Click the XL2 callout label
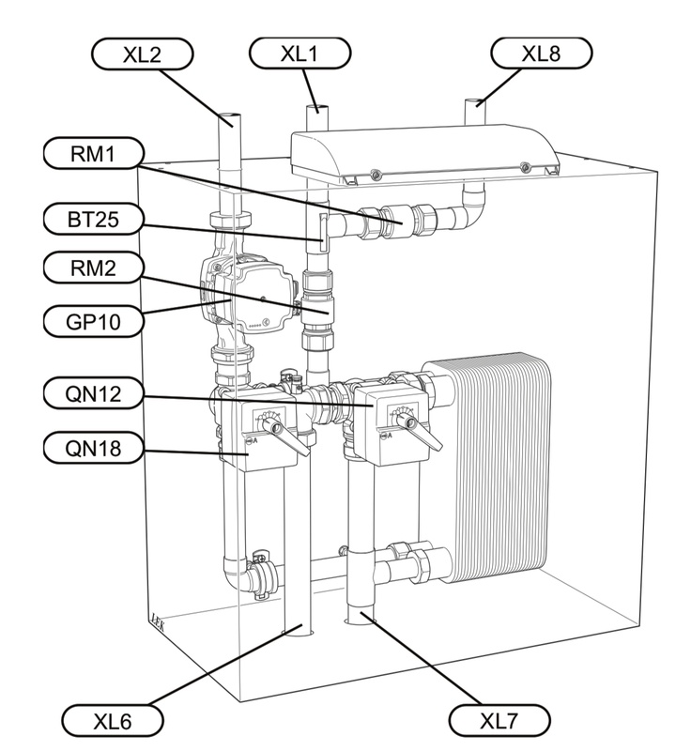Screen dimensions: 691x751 pyautogui.click(x=142, y=54)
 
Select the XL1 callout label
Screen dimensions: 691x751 pyautogui.click(x=299, y=54)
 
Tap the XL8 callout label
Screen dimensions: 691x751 pyautogui.click(x=541, y=54)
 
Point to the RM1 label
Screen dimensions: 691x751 pyautogui.click(x=93, y=154)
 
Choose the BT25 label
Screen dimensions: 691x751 pyautogui.click(x=93, y=219)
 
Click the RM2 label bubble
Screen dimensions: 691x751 pyautogui.click(x=93, y=268)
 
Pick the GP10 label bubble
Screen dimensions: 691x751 pyautogui.click(x=93, y=321)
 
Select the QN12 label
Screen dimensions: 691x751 pyautogui.click(x=93, y=393)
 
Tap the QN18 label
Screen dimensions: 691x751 pyautogui.click(x=93, y=449)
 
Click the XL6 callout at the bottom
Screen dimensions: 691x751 pyautogui.click(x=113, y=721)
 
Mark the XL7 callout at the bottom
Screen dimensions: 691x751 pyautogui.click(x=499, y=720)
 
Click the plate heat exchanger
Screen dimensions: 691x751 pyautogui.click(x=493, y=467)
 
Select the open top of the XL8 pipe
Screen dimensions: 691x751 pyautogui.click(x=476, y=102)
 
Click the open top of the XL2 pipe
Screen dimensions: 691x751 pyautogui.click(x=229, y=116)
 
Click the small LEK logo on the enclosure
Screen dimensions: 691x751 pyautogui.click(x=158, y=622)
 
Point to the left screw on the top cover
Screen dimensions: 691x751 pyautogui.click(x=376, y=174)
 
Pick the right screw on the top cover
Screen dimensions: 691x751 pyautogui.click(x=526, y=167)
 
